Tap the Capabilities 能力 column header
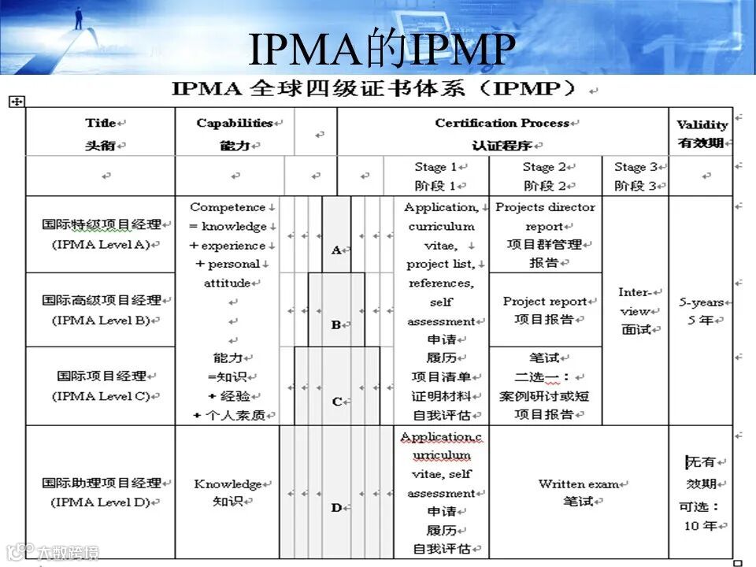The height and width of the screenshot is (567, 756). [x=234, y=134]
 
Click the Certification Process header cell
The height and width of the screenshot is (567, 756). [x=502, y=133]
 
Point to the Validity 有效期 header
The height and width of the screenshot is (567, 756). [x=701, y=134]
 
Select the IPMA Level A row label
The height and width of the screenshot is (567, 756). [x=101, y=234]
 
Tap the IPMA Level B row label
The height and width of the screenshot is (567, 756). [x=101, y=310]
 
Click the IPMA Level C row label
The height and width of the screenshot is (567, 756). [x=101, y=386]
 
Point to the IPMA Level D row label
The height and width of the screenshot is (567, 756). [x=101, y=492]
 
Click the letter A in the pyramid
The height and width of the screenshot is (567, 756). [x=336, y=250]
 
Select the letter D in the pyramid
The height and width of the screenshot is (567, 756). [x=336, y=508]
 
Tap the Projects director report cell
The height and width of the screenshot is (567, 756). [x=545, y=235]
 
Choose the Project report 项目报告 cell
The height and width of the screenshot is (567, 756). [x=545, y=309]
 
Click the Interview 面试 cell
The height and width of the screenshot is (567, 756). [x=636, y=310]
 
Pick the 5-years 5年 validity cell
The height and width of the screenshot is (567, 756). [x=701, y=310]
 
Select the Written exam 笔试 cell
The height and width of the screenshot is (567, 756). [x=578, y=491]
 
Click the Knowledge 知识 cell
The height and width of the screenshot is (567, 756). [x=228, y=491]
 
